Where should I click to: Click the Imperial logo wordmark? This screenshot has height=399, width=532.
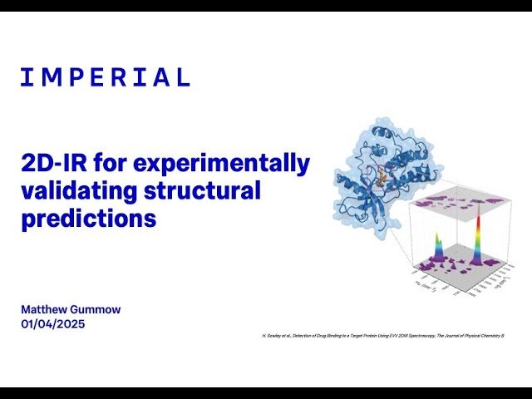pos(106,78)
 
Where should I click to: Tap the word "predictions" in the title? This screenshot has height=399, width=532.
pos(89,219)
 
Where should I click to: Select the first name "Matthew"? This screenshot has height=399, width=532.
pos(46,309)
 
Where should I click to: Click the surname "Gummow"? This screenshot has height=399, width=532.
pos(97,309)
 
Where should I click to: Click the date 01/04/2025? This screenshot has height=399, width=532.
pos(53,323)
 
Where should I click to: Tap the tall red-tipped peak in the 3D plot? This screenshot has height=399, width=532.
pos(478,229)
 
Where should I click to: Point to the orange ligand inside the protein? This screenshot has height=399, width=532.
pos(382,175)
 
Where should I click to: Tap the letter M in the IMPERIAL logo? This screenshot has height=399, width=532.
pos(49,78)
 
